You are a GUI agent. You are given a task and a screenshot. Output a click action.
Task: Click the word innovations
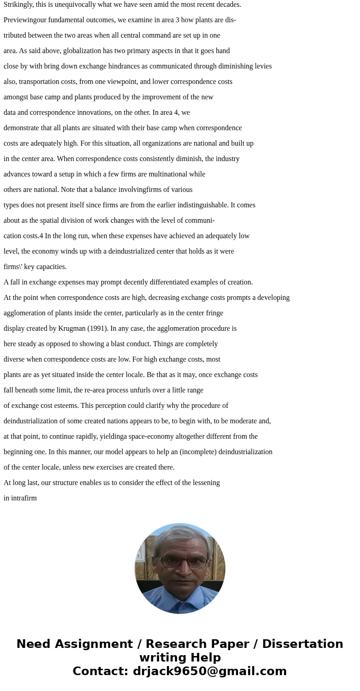click(100, 113)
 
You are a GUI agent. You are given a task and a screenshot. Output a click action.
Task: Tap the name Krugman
click(73, 328)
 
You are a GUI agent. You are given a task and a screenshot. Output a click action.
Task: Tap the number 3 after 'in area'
click(177, 20)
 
